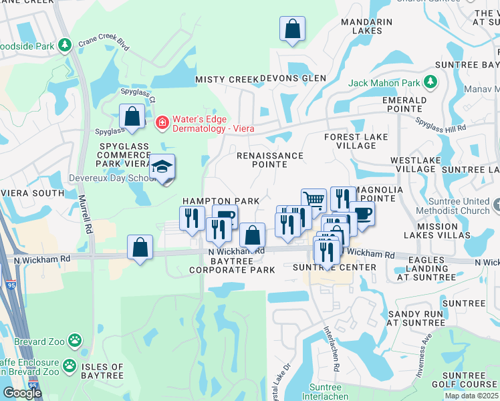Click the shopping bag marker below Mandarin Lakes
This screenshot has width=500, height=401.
[292, 29]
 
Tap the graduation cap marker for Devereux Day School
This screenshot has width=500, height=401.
[162, 168]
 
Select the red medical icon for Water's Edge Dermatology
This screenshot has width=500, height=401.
[161, 122]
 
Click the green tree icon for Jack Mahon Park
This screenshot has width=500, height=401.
[431, 83]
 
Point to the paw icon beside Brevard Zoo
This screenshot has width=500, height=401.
[76, 341]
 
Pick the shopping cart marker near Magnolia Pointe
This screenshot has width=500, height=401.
[314, 200]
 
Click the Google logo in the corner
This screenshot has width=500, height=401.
[22, 393]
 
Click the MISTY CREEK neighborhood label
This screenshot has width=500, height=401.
[227, 80]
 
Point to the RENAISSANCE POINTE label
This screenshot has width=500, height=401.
[270, 160]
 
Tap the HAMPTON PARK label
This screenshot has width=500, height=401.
[221, 201]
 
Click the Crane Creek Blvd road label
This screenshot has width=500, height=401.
[103, 41]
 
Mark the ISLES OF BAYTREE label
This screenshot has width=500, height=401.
[102, 372]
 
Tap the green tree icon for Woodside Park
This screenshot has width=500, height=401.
[65, 45]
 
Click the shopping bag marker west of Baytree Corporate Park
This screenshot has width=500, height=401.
[140, 248]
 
